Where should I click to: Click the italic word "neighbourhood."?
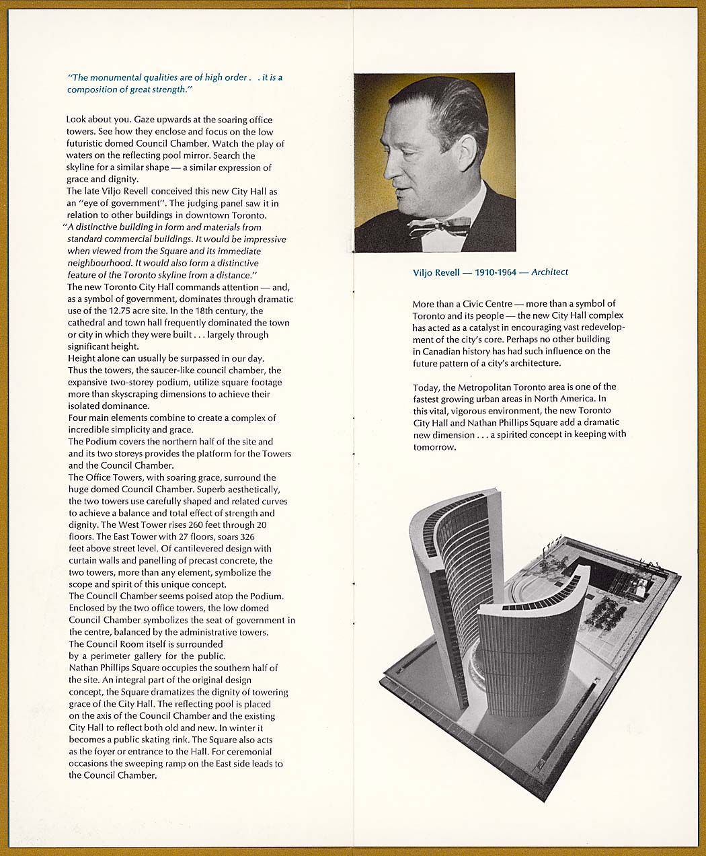pyautogui.click(x=100, y=263)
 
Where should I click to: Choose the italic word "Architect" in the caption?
pyautogui.click(x=549, y=272)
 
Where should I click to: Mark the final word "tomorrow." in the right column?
pyautogui.click(x=434, y=447)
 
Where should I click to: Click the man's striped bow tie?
pyautogui.click(x=439, y=226)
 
